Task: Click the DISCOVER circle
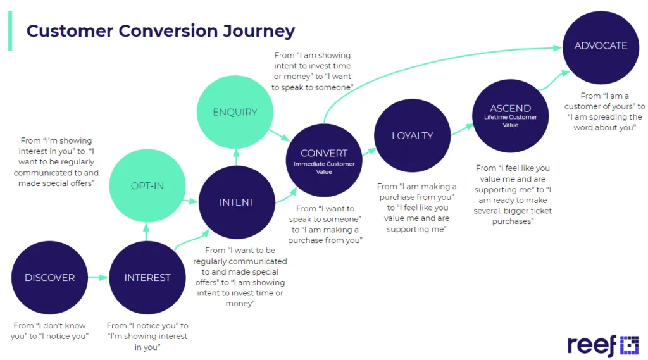[49, 278]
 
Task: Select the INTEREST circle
[147, 278]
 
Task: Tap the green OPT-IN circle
[147, 186]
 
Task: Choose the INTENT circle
[237, 202]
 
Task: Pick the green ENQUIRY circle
[235, 112]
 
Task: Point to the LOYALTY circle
[412, 135]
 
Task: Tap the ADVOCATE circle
[601, 46]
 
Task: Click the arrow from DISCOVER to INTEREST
[97, 278]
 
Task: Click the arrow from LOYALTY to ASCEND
[461, 130]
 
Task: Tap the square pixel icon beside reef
[628, 345]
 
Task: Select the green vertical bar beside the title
[9, 30]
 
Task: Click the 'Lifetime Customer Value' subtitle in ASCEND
[510, 121]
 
